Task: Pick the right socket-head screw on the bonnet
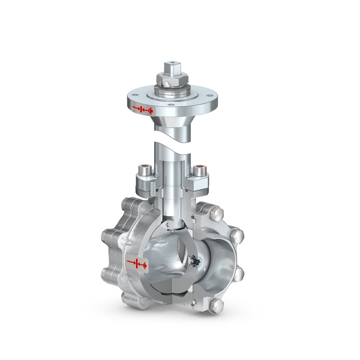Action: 200,170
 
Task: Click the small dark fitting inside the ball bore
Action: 195,262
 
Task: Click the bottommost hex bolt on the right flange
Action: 218,305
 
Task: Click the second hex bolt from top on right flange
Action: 237,235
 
